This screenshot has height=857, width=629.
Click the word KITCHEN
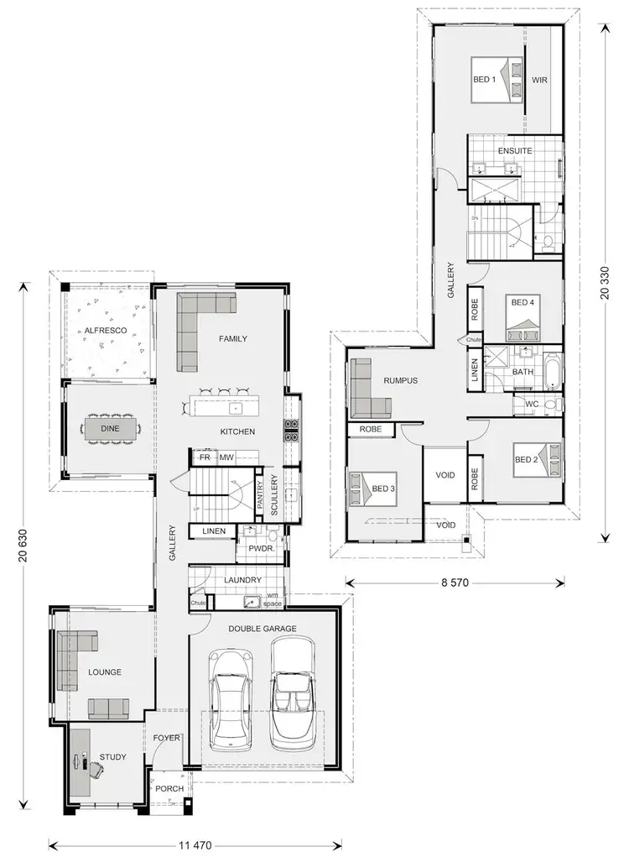(237, 431)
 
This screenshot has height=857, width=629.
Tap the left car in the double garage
(230, 701)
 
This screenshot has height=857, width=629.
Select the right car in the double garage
(292, 692)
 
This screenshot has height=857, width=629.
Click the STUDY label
(113, 757)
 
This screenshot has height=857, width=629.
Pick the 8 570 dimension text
(454, 582)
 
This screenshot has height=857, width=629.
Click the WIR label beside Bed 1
(539, 81)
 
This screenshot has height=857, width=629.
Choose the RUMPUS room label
(400, 380)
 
